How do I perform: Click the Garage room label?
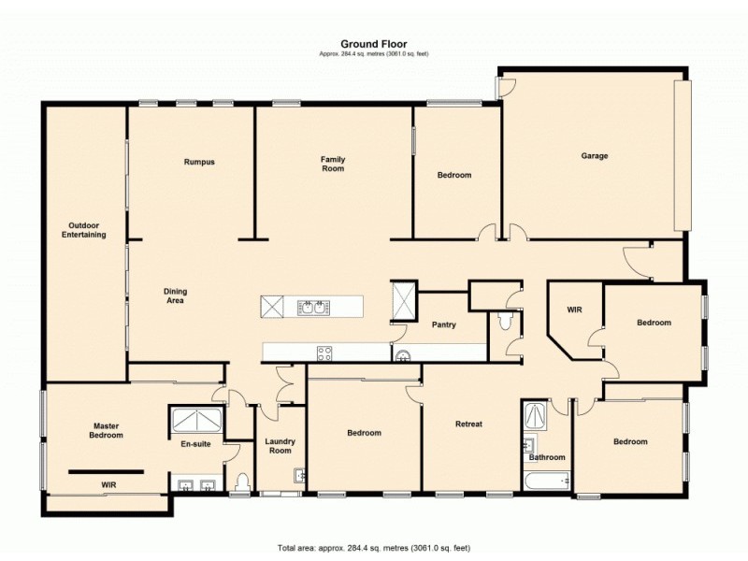point(595,156)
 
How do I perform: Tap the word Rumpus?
point(199,162)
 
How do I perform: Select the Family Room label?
point(333,164)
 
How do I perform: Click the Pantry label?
point(443,325)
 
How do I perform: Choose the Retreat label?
point(468,424)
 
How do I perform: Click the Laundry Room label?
point(280,445)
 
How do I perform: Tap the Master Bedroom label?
point(107,431)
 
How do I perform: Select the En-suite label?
point(195,444)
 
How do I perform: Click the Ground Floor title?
point(373,43)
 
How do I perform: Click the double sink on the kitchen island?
point(311,307)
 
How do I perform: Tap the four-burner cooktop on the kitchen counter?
point(324,352)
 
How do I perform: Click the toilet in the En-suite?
point(242,482)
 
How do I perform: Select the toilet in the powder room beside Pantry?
point(505,322)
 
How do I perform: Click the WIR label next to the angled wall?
point(575,309)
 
